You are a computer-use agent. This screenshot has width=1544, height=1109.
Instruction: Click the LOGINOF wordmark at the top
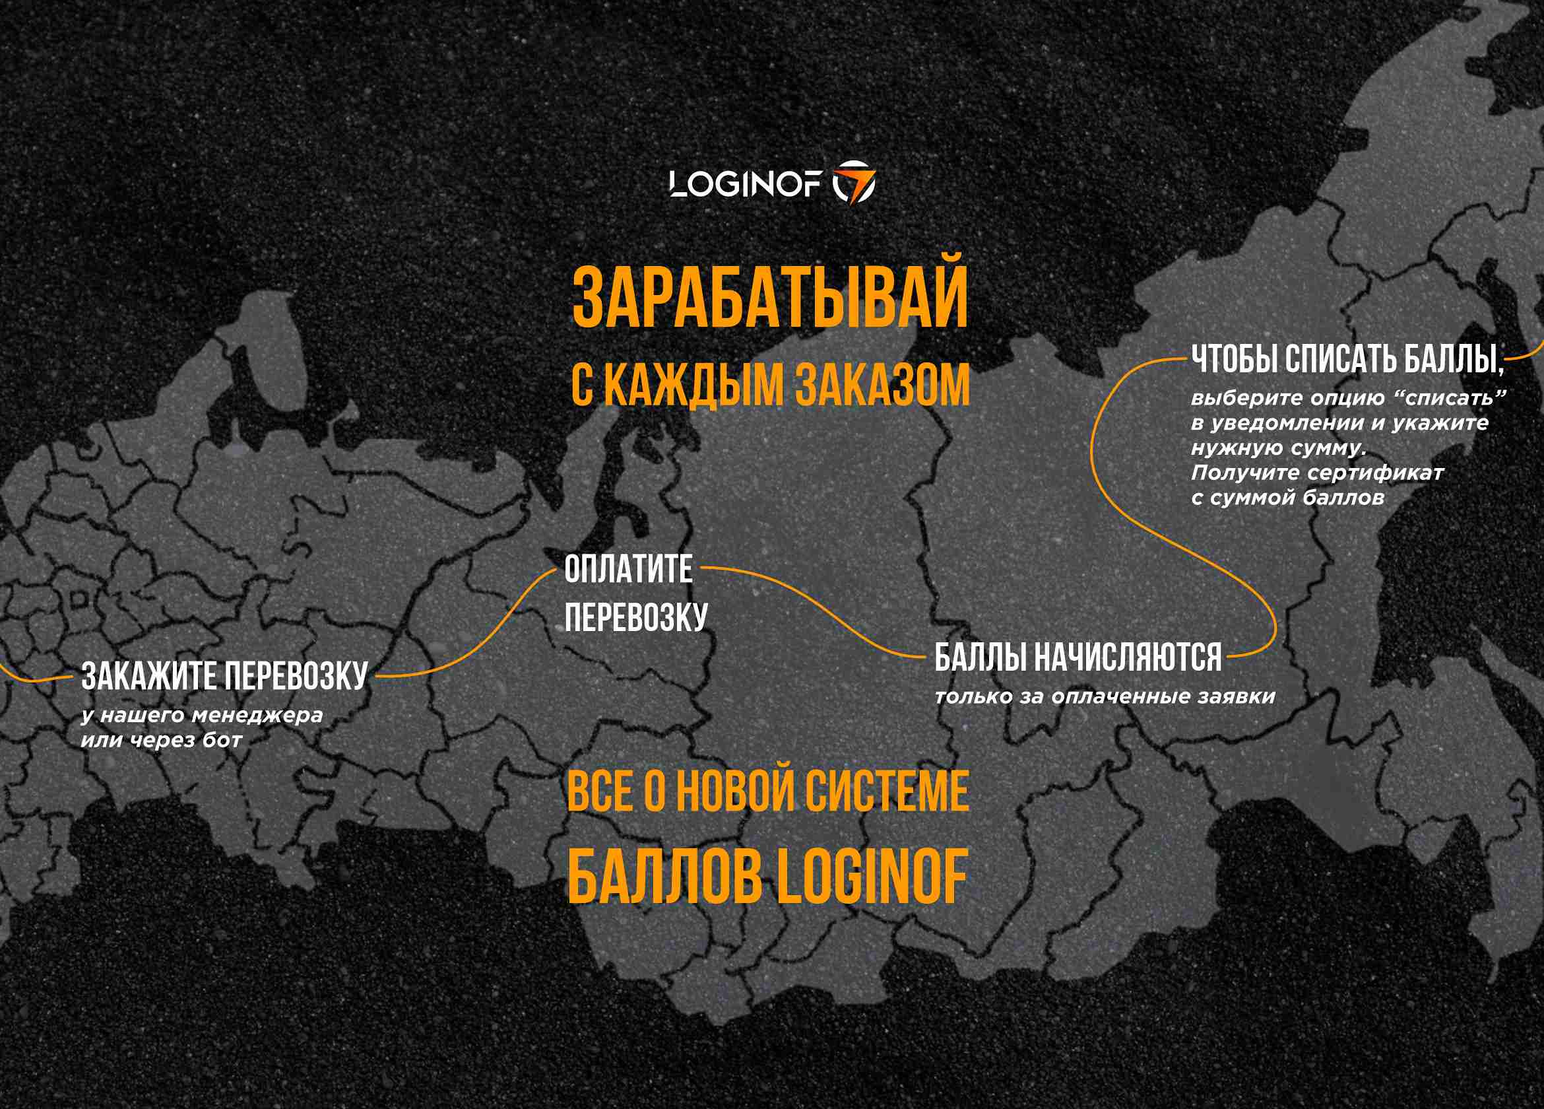click(746, 184)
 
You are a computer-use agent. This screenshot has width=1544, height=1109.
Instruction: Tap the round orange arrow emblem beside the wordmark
click(854, 183)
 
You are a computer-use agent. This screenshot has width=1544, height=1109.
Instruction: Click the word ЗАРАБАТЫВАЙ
click(770, 298)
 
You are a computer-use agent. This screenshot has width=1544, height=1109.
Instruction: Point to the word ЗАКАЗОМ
click(882, 386)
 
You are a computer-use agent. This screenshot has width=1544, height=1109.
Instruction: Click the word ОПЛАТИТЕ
click(628, 569)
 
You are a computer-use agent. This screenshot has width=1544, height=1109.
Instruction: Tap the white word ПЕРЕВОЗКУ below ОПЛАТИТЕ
click(636, 617)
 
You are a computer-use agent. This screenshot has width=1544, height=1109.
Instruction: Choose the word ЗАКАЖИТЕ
click(149, 677)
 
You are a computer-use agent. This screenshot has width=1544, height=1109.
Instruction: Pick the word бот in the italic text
click(222, 741)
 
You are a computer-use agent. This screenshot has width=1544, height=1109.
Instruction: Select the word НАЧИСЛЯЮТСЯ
click(1128, 658)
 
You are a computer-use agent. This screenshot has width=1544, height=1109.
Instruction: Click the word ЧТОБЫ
click(1235, 359)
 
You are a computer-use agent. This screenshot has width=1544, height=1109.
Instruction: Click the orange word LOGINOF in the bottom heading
click(872, 877)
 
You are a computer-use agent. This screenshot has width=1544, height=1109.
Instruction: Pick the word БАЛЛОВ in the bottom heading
click(665, 877)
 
